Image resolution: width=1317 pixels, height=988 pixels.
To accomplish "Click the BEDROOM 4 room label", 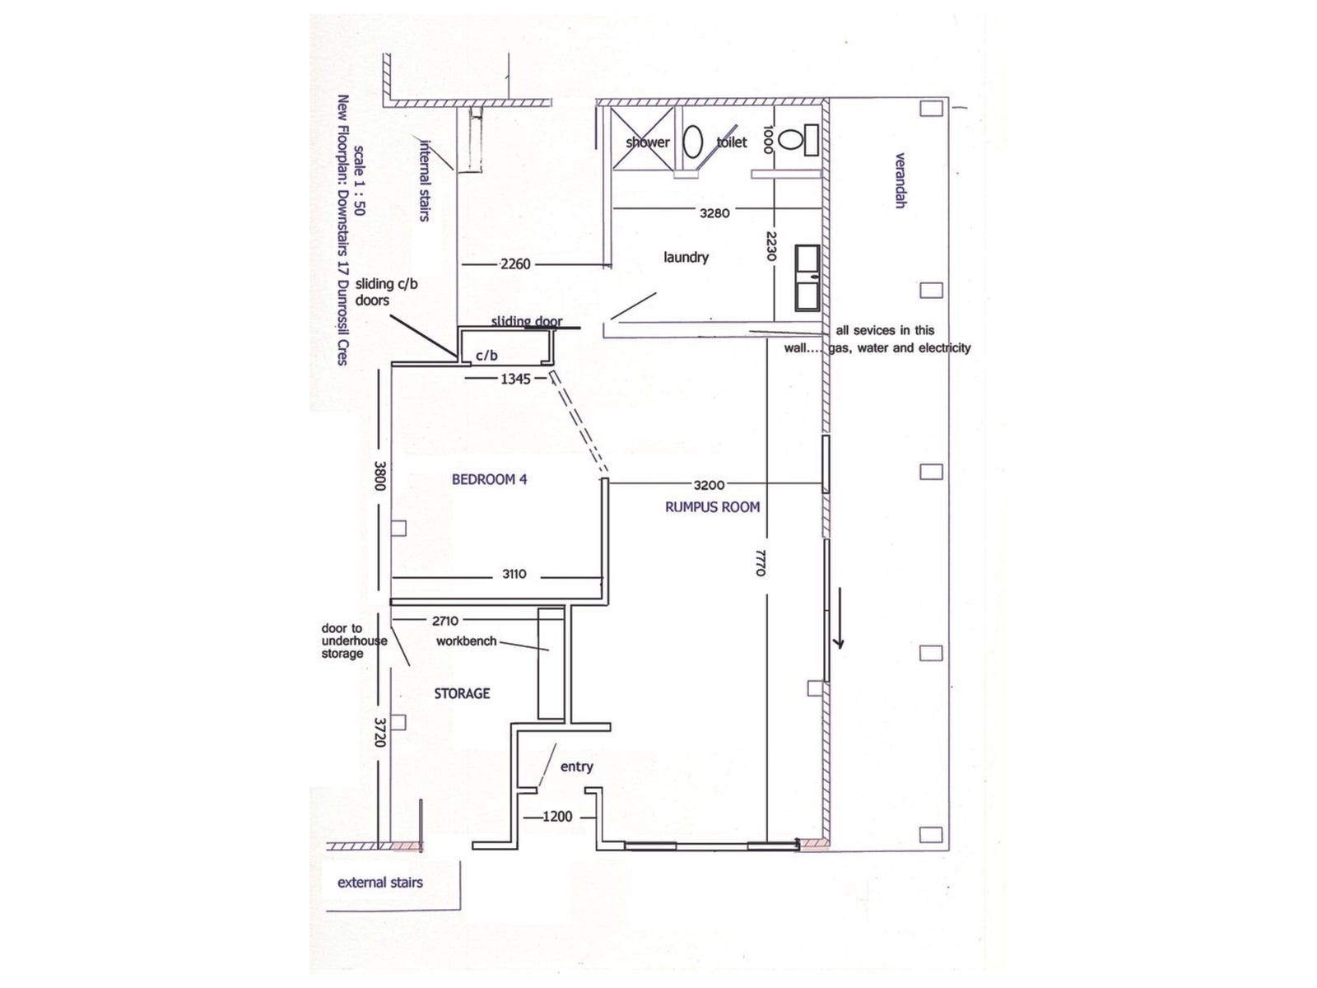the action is point(489,479).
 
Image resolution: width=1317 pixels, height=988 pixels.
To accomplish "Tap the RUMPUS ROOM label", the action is point(712,507).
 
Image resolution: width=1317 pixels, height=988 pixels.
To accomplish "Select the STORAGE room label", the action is point(462,693).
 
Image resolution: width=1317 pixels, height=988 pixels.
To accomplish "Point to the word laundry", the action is point(686,257).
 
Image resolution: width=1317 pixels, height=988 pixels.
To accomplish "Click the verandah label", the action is point(900,180).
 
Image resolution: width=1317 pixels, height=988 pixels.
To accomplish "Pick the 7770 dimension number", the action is point(761,562).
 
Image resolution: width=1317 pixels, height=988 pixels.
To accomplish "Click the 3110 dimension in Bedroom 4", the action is point(514,574).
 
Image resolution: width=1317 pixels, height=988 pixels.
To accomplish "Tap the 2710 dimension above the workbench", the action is point(445,621).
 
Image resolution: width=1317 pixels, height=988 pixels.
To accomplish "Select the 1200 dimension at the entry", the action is point(557,817).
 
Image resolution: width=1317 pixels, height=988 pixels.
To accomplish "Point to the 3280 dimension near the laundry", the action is point(714,212).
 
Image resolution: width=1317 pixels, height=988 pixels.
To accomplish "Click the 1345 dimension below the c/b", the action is point(516,379).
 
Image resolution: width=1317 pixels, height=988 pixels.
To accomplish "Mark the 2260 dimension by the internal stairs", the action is point(515,264).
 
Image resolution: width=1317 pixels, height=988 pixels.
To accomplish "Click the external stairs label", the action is point(380,883).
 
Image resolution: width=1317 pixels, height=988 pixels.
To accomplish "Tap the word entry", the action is point(576,767).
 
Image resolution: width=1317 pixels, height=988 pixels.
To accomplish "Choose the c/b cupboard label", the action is point(486,356).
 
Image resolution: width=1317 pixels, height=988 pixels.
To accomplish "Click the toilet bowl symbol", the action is point(791,140).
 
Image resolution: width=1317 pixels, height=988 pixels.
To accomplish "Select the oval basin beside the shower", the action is point(693,142).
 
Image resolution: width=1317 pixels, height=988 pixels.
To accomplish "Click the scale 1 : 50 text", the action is point(358,180).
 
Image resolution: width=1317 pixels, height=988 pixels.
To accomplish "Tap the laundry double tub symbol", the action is point(806,277).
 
